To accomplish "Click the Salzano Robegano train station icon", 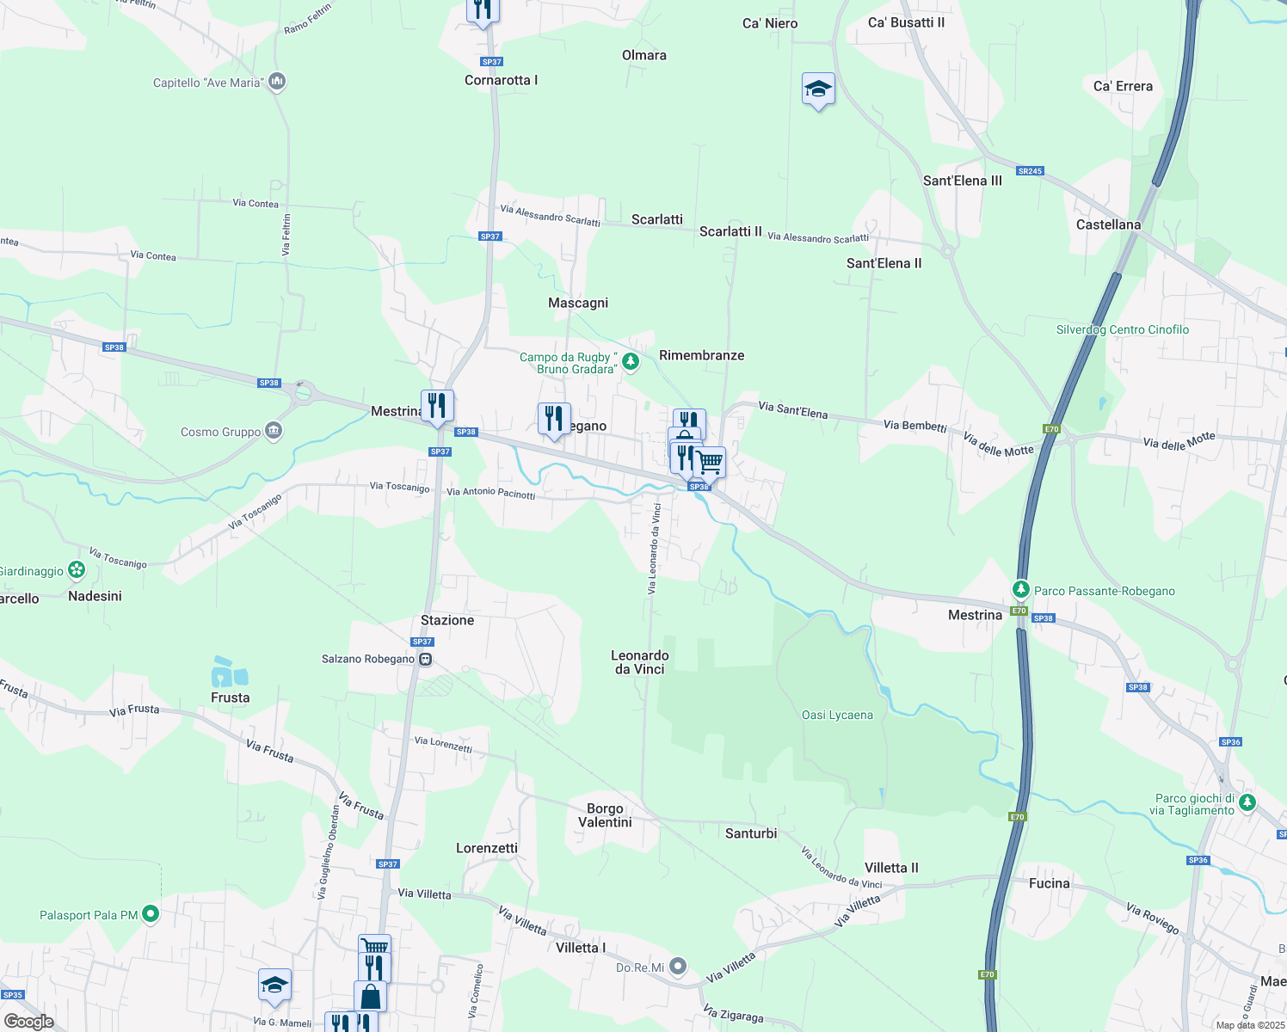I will (x=425, y=660).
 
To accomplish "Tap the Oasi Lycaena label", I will (x=837, y=715).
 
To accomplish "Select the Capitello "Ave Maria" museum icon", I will (x=277, y=82).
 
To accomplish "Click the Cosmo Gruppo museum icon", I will (x=274, y=431).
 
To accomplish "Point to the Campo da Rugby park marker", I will (x=631, y=362).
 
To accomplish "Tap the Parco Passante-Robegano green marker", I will (x=1020, y=589).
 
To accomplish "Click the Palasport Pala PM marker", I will (x=151, y=914).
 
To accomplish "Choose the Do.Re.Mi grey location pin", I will (x=679, y=967).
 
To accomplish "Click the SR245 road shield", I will (x=1030, y=171).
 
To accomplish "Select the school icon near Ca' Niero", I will (x=818, y=89).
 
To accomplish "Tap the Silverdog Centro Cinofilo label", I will (x=1123, y=329).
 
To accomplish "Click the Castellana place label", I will (x=1108, y=224).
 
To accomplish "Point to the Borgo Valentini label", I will (x=605, y=815).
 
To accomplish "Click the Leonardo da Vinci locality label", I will (x=640, y=662).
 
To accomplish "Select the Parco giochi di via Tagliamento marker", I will (x=1247, y=803).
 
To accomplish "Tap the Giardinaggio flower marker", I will (x=77, y=569).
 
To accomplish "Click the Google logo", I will (x=29, y=1022).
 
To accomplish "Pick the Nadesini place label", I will (x=95, y=596).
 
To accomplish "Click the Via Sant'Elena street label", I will (x=792, y=410).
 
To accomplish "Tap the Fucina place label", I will (x=1050, y=883).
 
